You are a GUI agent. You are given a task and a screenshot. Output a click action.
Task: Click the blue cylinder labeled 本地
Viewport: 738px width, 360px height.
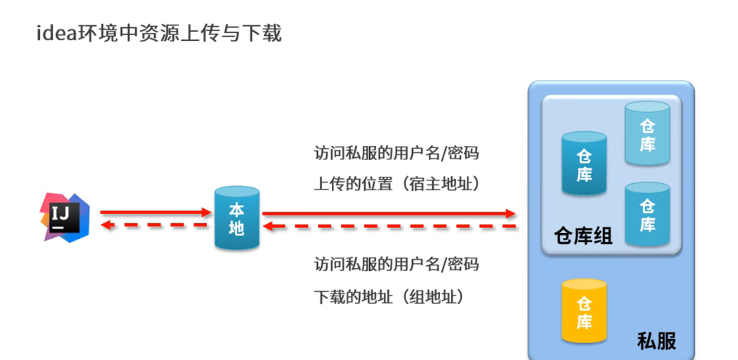coord(237,218)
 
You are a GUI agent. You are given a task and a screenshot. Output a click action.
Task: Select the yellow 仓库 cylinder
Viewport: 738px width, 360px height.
coord(584,311)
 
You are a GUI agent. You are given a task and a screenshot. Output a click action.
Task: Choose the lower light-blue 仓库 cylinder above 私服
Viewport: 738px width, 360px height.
coord(647,215)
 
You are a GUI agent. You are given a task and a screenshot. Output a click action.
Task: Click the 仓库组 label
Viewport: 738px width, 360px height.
coord(583,236)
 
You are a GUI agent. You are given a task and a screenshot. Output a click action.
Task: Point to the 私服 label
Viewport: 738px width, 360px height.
coord(656,341)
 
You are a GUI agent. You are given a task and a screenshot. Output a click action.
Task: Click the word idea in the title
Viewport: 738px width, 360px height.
coord(57,33)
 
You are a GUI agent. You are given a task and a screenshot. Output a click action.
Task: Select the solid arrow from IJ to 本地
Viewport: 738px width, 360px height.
coord(153,212)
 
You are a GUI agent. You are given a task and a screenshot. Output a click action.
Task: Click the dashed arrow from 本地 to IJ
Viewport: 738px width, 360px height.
coord(153,225)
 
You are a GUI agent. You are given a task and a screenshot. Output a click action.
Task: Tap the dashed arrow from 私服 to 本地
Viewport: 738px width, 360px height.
coord(388,226)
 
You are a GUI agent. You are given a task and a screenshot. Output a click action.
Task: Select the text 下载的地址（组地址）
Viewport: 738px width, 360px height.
coord(389,297)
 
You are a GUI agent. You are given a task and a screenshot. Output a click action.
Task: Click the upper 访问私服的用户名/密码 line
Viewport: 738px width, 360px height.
coord(396,153)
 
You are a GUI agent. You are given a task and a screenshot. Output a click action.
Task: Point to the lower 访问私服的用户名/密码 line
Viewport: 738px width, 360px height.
coord(396,264)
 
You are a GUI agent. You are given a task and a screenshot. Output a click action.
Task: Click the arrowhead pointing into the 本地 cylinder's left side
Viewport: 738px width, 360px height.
coord(207,212)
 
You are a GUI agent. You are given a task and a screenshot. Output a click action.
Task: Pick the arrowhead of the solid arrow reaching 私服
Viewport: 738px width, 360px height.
coord(511,213)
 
